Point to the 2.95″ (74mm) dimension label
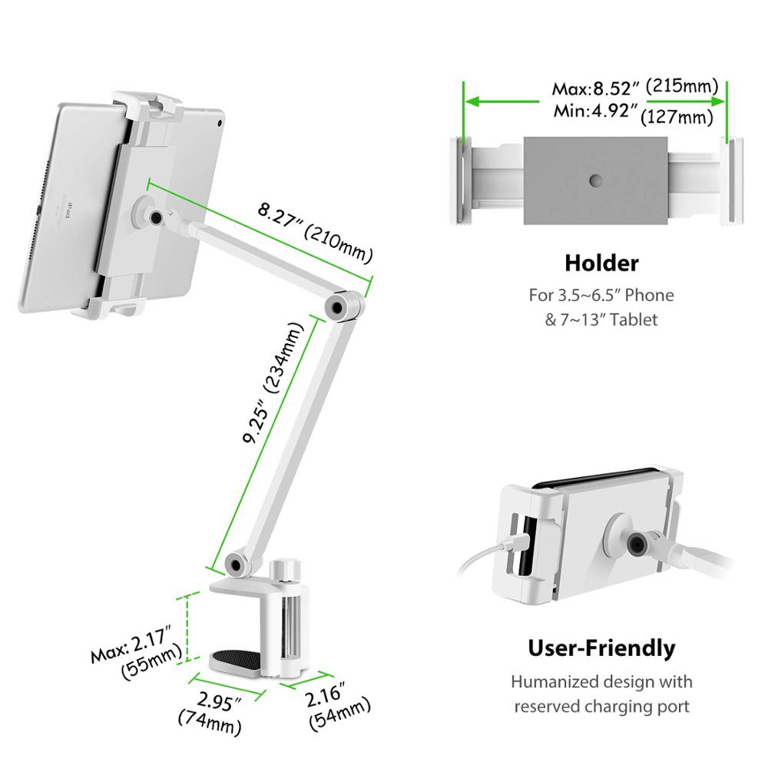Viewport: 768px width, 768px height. tap(210, 709)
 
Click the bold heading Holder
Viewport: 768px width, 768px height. tap(601, 263)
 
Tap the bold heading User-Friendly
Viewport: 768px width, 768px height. tap(601, 647)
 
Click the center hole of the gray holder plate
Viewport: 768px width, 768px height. tap(596, 180)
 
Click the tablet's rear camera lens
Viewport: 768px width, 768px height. tap(220, 122)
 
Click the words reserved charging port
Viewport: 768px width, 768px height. tap(602, 706)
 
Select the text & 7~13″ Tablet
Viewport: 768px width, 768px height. tap(601, 319)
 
